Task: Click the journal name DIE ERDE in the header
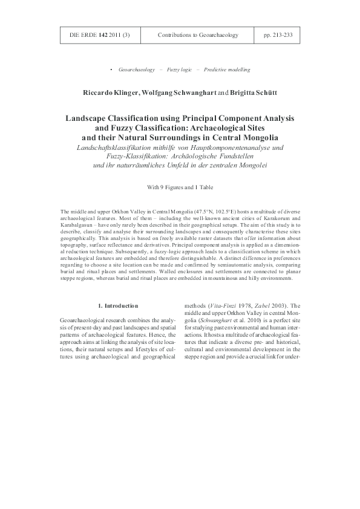[x=80, y=35]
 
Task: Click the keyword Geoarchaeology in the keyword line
[x=136, y=70]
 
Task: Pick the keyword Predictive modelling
[x=227, y=70]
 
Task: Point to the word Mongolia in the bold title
[x=270, y=138]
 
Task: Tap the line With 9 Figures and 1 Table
[x=180, y=187]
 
